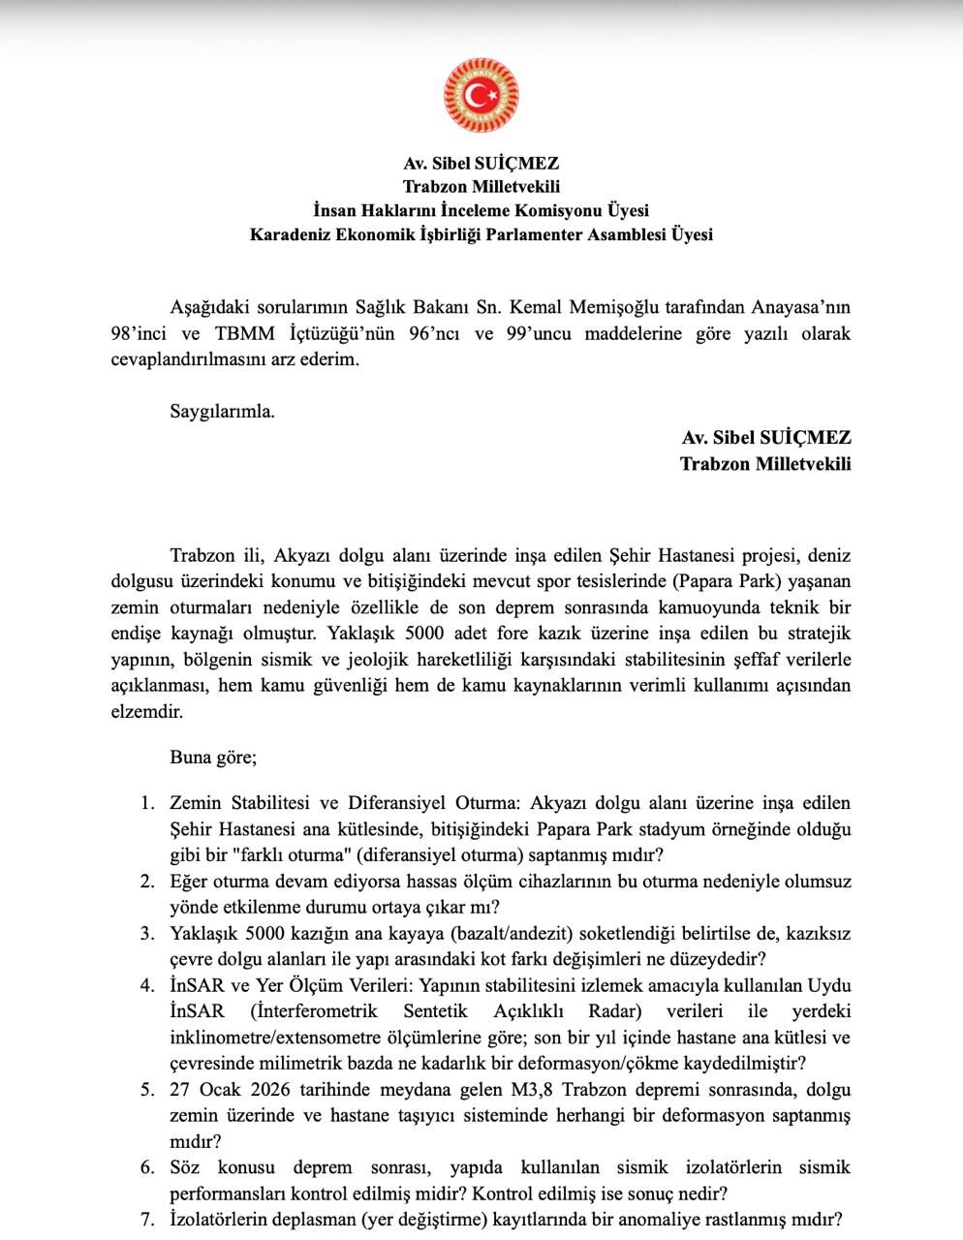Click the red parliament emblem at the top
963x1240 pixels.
pos(481,96)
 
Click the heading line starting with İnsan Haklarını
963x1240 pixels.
pos(481,210)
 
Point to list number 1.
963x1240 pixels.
pos(147,803)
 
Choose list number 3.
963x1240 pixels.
pos(147,934)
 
